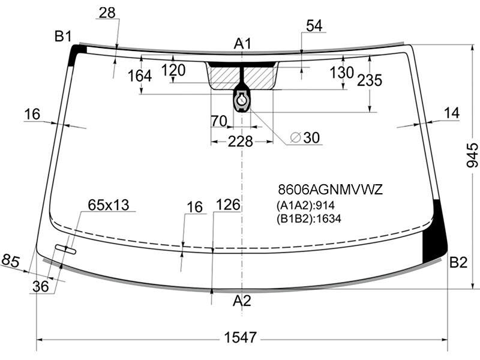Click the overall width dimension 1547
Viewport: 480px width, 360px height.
(241, 338)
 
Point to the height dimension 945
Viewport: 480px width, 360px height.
(472, 155)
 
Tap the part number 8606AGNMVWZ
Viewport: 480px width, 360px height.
(331, 190)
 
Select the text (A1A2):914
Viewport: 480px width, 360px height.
(305, 205)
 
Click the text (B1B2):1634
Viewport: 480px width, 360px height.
(308, 219)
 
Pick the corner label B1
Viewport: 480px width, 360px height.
(63, 37)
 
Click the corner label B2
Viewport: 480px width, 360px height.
(458, 262)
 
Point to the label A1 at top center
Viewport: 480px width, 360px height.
(242, 43)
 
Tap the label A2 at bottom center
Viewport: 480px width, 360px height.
(242, 301)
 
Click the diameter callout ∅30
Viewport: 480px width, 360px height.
(305, 137)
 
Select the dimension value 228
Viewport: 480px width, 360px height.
(241, 142)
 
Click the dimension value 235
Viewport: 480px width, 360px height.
(370, 80)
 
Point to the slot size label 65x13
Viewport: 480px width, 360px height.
(109, 205)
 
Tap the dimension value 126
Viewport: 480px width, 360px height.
(228, 205)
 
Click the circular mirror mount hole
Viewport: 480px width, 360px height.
(242, 100)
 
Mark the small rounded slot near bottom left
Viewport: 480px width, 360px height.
(65, 249)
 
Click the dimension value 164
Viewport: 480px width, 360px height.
(140, 76)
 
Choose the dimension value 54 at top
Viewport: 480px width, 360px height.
(314, 26)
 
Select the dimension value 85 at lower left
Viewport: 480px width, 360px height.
(10, 261)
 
